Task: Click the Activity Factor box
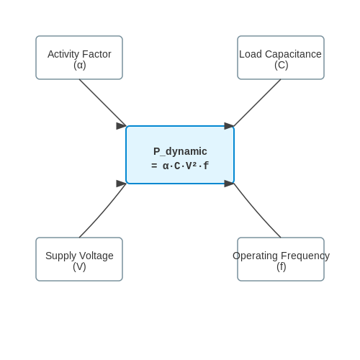pyautogui.click(x=79, y=58)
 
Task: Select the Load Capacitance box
pyautogui.click(x=281, y=58)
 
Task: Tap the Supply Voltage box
pyautogui.click(x=79, y=259)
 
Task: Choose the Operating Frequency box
pyautogui.click(x=281, y=259)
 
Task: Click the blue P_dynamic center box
pyautogui.click(x=180, y=155)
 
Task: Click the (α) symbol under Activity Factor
pyautogui.click(x=80, y=65)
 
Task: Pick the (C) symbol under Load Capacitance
pyautogui.click(x=282, y=65)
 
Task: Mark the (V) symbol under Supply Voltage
pyautogui.click(x=79, y=266)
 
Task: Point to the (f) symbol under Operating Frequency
pyautogui.click(x=282, y=266)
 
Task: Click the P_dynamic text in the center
pyautogui.click(x=180, y=151)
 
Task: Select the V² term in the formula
pyautogui.click(x=192, y=166)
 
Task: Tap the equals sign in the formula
pyautogui.click(x=154, y=166)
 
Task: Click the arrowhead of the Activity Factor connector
pyautogui.click(x=121, y=126)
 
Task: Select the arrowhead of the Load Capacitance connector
pyautogui.click(x=229, y=126)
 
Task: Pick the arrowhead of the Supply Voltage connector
pyautogui.click(x=121, y=184)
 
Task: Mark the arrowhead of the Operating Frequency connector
pyautogui.click(x=229, y=184)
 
